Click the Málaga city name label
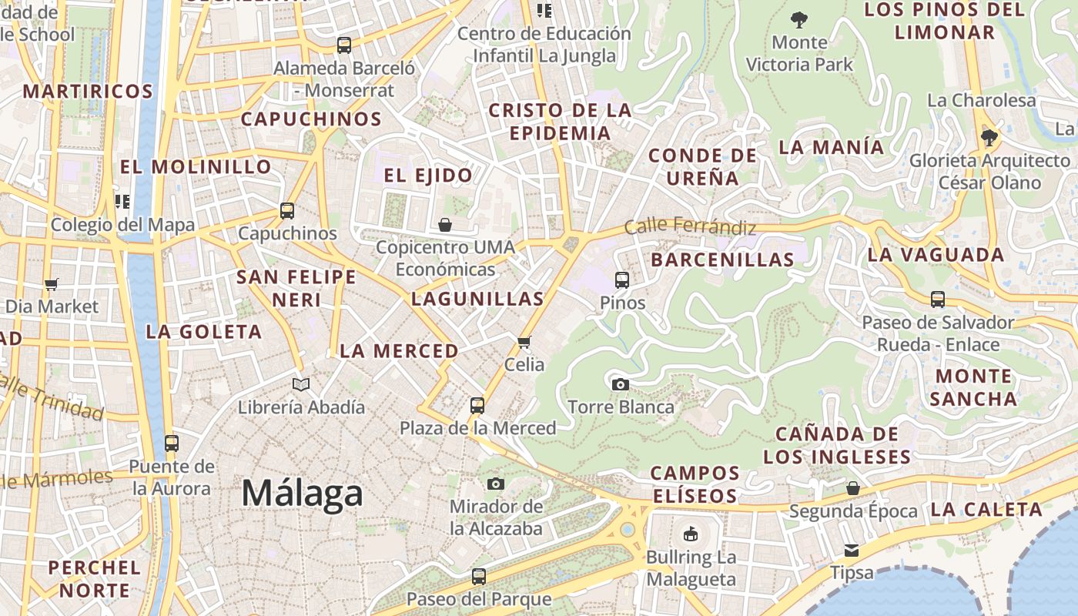pyautogui.click(x=302, y=493)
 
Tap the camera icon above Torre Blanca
pyautogui.click(x=620, y=384)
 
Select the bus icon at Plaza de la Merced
pyautogui.click(x=477, y=405)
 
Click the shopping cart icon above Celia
pyautogui.click(x=524, y=342)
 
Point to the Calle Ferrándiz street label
pyautogui.click(x=690, y=226)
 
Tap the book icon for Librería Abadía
pyautogui.click(x=301, y=384)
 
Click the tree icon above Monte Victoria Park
pyautogui.click(x=799, y=19)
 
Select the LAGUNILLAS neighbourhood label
pyautogui.click(x=477, y=299)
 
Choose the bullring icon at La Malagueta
pyautogui.click(x=691, y=534)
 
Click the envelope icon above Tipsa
pyautogui.click(x=852, y=550)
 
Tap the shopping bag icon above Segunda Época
pyautogui.click(x=852, y=488)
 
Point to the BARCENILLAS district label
pyautogui.click(x=722, y=259)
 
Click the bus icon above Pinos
pyautogui.click(x=622, y=280)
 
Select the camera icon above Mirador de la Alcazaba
pyautogui.click(x=496, y=484)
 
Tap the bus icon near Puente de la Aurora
pyautogui.click(x=172, y=444)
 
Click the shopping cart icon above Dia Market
pyautogui.click(x=52, y=284)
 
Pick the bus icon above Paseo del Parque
pyautogui.click(x=478, y=576)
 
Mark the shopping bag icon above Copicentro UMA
pyautogui.click(x=445, y=225)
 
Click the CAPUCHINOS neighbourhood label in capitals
pyautogui.click(x=311, y=119)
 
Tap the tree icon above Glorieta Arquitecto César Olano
pyautogui.click(x=989, y=138)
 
